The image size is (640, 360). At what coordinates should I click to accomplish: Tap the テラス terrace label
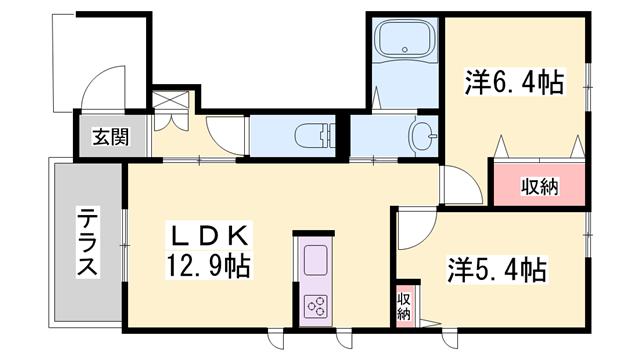click(88, 244)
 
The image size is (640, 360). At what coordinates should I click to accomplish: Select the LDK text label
click(211, 238)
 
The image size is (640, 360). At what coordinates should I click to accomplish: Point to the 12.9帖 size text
click(211, 266)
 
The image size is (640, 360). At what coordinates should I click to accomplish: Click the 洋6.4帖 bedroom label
click(513, 82)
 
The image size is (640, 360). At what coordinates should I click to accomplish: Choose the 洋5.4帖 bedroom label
click(496, 270)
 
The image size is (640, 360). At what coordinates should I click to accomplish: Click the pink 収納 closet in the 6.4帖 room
click(538, 185)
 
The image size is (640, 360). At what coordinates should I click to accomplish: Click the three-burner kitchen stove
click(315, 306)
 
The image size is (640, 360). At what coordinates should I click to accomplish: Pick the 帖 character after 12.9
click(237, 266)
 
